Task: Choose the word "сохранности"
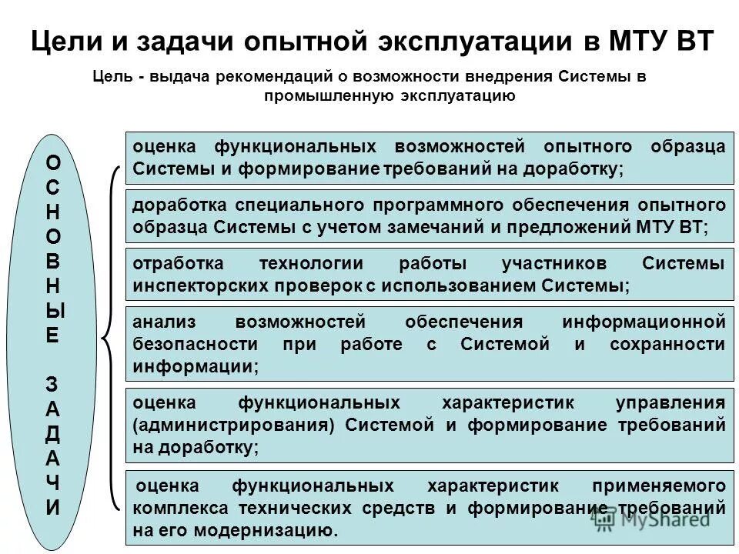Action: pyautogui.click(x=667, y=344)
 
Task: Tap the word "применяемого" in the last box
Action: pyautogui.click(x=660, y=486)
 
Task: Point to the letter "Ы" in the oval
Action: pyautogui.click(x=52, y=312)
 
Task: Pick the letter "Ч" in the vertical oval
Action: pyautogui.click(x=52, y=483)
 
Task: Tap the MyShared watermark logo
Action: pyautogui.click(x=650, y=519)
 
